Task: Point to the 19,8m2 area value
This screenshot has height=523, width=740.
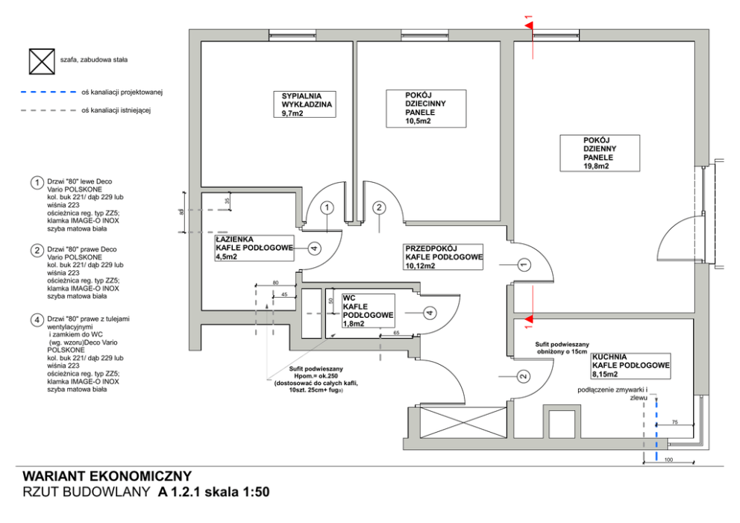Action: pyautogui.click(x=597, y=166)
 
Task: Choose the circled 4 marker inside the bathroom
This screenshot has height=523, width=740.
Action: pyautogui.click(x=314, y=248)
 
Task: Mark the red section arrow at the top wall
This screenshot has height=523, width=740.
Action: pyautogui.click(x=530, y=26)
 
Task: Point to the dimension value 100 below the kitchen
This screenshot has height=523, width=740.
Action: pyautogui.click(x=668, y=460)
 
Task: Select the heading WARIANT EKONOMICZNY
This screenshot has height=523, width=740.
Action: pyautogui.click(x=107, y=476)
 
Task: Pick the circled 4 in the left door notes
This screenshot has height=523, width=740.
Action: pyautogui.click(x=36, y=321)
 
